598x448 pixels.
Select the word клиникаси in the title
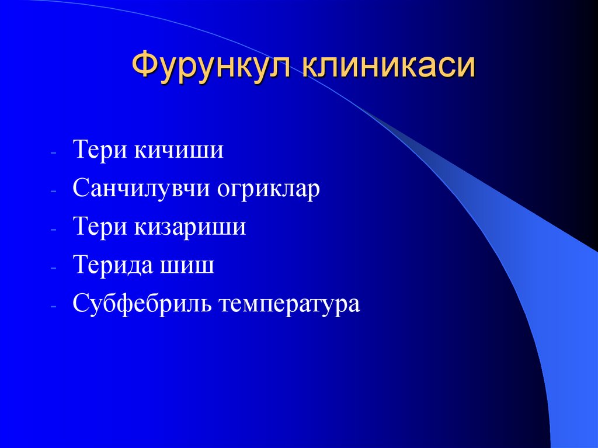point(388,65)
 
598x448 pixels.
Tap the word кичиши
point(180,150)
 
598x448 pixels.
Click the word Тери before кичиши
point(100,150)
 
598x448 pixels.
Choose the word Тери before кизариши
point(100,227)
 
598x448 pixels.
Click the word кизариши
point(191,227)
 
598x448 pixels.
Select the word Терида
point(111,266)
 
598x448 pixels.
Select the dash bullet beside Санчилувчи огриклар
point(53,191)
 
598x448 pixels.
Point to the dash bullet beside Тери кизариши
point(53,230)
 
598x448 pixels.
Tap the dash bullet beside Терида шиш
point(53,268)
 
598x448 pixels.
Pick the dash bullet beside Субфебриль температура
point(53,307)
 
